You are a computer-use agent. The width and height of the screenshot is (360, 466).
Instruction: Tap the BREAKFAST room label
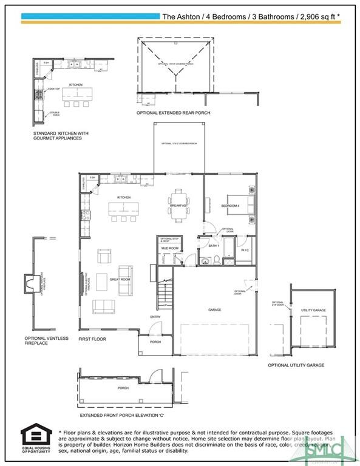pyautogui.click(x=178, y=206)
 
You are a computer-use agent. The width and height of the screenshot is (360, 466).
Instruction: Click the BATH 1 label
pyautogui.click(x=213, y=246)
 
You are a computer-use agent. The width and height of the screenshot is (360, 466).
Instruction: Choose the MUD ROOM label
pyautogui.click(x=169, y=248)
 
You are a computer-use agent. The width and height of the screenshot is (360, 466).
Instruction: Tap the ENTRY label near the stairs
pyautogui.click(x=155, y=317)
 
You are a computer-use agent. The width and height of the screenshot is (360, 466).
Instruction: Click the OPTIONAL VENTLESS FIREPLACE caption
pyautogui.click(x=47, y=341)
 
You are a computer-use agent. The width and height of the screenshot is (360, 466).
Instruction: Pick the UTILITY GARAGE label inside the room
pyautogui.click(x=313, y=310)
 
